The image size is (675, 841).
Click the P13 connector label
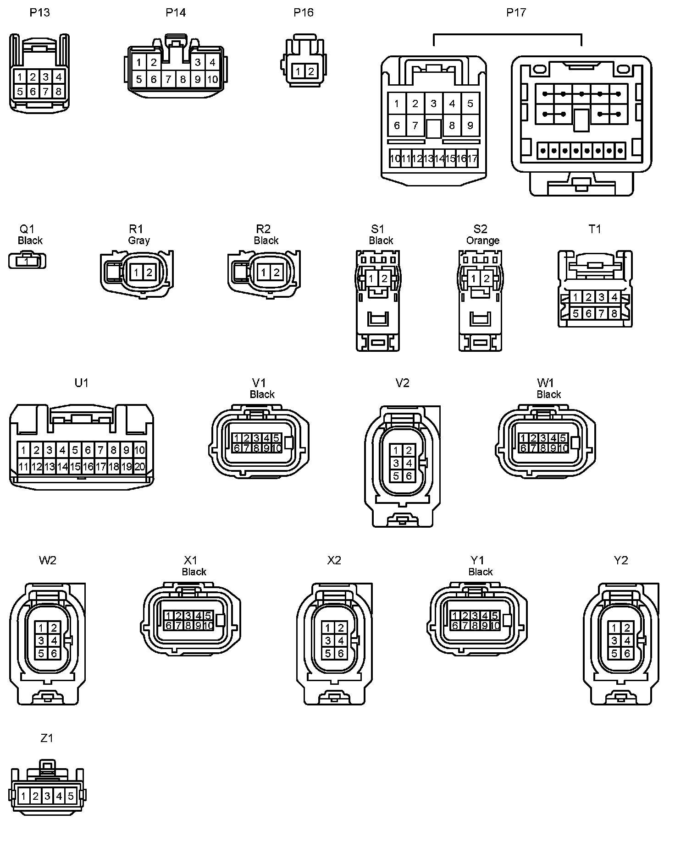(40, 12)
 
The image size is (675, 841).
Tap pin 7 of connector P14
(168, 79)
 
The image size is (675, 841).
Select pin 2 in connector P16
(311, 71)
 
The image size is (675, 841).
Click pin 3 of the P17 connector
(433, 104)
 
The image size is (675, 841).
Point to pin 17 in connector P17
(472, 159)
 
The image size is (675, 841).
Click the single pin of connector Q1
(27, 261)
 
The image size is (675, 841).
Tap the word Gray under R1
(139, 240)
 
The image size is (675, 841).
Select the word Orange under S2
(483, 240)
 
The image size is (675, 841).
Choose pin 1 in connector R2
(264, 273)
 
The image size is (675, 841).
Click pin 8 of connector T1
(614, 314)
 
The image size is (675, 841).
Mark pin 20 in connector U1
(139, 467)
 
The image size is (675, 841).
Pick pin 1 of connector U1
(24, 449)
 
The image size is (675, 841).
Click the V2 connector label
(402, 383)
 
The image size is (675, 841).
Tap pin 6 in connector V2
(409, 476)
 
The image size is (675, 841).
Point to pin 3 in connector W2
(41, 640)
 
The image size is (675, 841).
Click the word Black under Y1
(481, 572)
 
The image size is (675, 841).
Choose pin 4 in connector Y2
(627, 640)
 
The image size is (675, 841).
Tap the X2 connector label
(334, 560)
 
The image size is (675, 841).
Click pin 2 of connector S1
(384, 279)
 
